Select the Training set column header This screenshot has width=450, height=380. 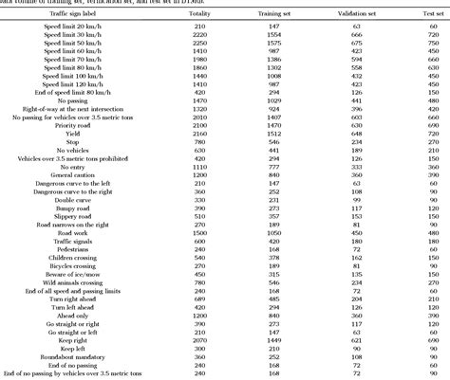tap(275, 15)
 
